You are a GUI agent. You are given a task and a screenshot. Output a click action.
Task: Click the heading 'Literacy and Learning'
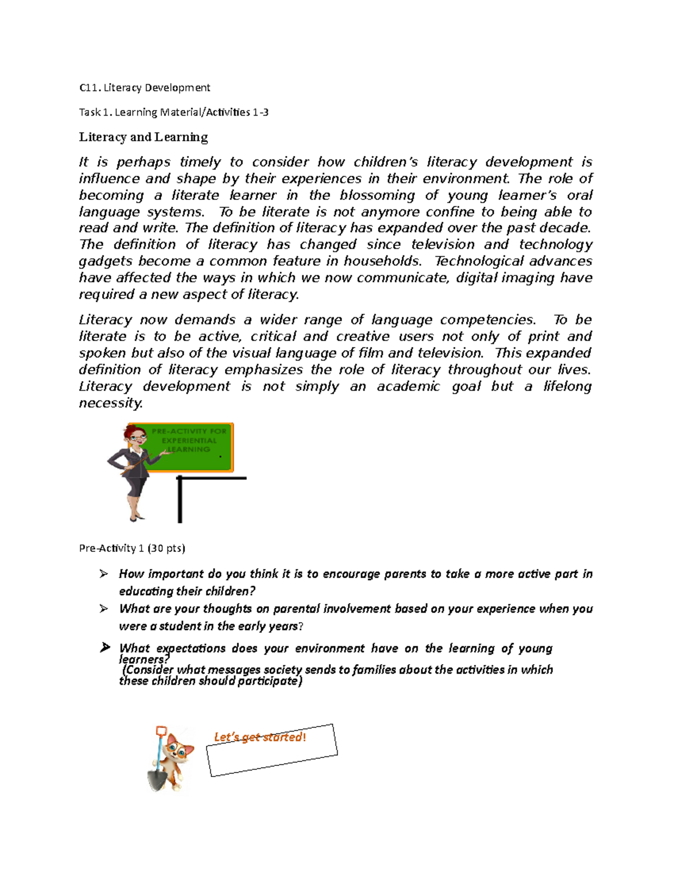pyautogui.click(x=143, y=137)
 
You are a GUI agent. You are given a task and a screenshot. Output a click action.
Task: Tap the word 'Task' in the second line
pyautogui.click(x=89, y=112)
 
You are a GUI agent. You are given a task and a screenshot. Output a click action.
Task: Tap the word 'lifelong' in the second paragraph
pyautogui.click(x=567, y=386)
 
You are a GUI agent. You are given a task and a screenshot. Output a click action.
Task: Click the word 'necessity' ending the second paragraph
pyautogui.click(x=111, y=403)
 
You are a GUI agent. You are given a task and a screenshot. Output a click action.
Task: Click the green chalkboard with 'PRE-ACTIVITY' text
pyautogui.click(x=191, y=446)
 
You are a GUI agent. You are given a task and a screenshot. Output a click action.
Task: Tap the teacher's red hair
pyautogui.click(x=134, y=431)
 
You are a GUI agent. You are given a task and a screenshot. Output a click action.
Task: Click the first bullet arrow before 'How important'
pyautogui.click(x=103, y=574)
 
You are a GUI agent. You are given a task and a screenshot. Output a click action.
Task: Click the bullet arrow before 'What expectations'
pyautogui.click(x=104, y=648)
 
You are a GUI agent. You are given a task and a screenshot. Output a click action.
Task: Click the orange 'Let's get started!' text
pyautogui.click(x=260, y=737)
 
